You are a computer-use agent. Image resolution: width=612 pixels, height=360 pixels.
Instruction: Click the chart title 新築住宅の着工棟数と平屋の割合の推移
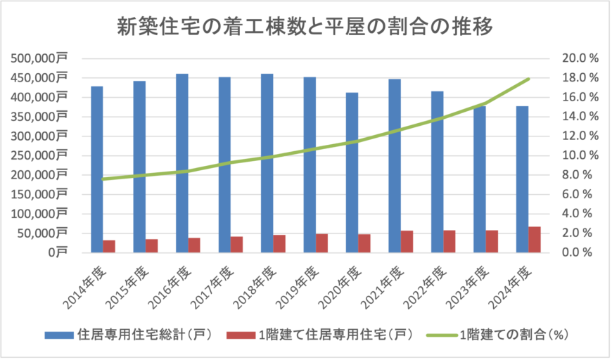point(305,27)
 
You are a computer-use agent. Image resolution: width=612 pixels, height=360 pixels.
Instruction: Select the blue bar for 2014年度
point(97,169)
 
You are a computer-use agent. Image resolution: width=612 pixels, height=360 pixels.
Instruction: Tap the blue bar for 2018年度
point(267,163)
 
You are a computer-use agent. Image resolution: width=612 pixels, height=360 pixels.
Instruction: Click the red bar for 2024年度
point(535,239)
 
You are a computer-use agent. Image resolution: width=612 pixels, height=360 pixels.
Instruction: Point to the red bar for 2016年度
point(194,245)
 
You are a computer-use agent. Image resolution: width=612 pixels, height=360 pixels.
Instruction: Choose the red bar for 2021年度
point(407,241)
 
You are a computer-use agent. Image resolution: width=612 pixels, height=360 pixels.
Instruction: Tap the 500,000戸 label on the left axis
point(39,58)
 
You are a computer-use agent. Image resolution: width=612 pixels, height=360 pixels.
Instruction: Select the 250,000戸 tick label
point(39,155)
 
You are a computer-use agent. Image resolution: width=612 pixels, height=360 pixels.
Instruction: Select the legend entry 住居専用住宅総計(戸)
point(130,335)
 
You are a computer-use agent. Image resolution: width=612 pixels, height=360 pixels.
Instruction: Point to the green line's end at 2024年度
point(528,79)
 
